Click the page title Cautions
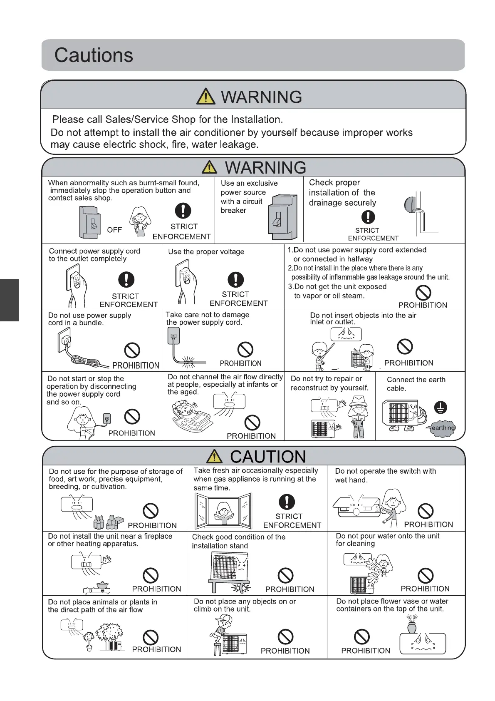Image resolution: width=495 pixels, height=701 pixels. [94, 55]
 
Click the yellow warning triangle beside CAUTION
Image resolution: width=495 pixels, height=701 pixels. [214, 456]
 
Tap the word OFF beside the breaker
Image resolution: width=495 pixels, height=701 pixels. [114, 230]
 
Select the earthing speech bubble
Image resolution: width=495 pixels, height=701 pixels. [443, 428]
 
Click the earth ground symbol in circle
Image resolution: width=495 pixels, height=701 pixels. [441, 407]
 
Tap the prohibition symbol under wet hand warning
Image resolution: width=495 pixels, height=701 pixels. [426, 511]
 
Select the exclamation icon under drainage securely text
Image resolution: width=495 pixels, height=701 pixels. [368, 217]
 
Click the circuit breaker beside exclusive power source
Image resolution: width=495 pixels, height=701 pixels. [283, 217]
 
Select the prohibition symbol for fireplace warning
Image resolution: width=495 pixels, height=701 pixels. [151, 575]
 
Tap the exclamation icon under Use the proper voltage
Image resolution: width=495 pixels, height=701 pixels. [235, 279]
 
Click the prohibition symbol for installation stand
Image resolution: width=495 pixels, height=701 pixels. [285, 576]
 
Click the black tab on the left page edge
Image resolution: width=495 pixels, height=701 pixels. [9, 300]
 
